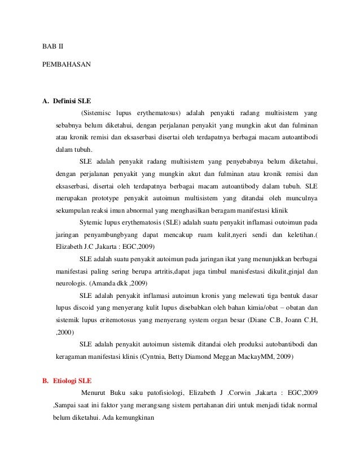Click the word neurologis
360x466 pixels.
pyautogui.click(x=71, y=283)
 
